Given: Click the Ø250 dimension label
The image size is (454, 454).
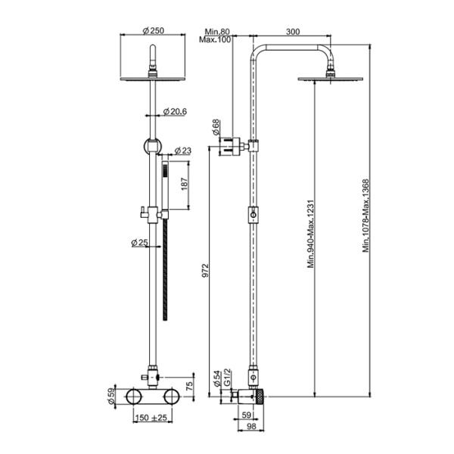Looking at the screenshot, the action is (x=154, y=30).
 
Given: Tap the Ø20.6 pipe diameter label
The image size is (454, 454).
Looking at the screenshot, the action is (x=175, y=111).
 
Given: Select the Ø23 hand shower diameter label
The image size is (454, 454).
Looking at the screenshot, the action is (x=183, y=151).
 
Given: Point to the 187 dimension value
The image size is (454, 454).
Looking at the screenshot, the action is (x=185, y=185).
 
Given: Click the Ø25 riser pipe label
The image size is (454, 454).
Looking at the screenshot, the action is (x=139, y=242).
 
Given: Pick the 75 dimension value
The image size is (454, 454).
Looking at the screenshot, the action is (x=188, y=386).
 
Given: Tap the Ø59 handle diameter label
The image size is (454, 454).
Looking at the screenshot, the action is (x=111, y=396).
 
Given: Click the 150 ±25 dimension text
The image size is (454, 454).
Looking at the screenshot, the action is (x=151, y=418).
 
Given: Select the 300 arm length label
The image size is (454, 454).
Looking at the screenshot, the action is (x=293, y=31).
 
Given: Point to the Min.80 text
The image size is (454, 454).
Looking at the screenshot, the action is (x=217, y=31).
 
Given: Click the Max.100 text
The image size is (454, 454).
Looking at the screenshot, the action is (x=215, y=39).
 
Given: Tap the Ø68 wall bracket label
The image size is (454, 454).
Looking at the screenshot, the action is (x=216, y=127).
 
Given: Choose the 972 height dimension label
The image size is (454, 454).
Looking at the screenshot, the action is (x=205, y=270).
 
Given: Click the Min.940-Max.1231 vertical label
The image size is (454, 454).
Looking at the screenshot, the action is (x=311, y=235).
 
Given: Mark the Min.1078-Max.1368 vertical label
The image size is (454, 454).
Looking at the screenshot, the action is (x=366, y=216).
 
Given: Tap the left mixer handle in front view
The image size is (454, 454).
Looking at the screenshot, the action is (x=134, y=396).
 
